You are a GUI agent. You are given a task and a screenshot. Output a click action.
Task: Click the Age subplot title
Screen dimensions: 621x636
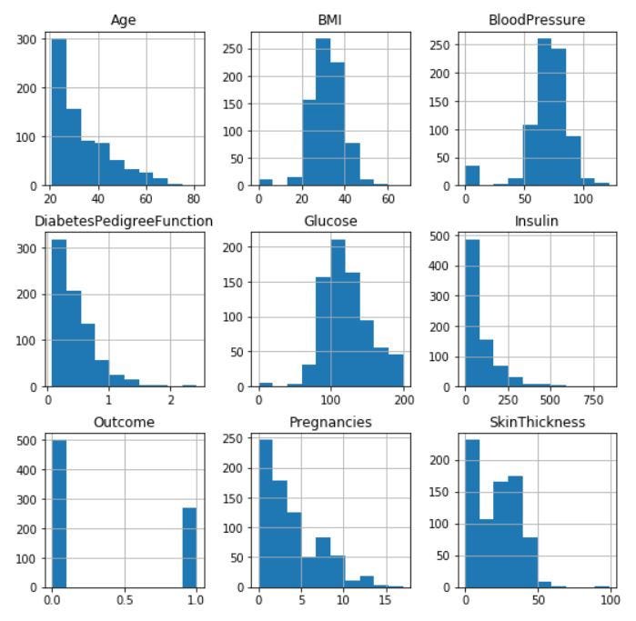(123, 20)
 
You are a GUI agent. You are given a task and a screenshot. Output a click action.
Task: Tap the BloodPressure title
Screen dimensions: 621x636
(536, 20)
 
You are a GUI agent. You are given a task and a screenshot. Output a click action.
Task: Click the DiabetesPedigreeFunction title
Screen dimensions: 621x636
(123, 221)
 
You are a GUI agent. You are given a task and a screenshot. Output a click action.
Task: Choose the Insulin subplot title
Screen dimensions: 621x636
(536, 221)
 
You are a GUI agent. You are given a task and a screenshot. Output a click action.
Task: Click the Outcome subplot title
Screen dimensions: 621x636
(123, 422)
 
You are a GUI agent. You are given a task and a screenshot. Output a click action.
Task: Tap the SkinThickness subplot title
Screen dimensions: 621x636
(536, 422)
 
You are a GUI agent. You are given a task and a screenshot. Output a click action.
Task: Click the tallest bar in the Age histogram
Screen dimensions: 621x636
(58, 113)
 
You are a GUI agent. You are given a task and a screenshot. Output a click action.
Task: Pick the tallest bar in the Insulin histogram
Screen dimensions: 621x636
(472, 314)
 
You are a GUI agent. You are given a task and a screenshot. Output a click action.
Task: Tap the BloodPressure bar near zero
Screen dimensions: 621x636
(471, 175)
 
